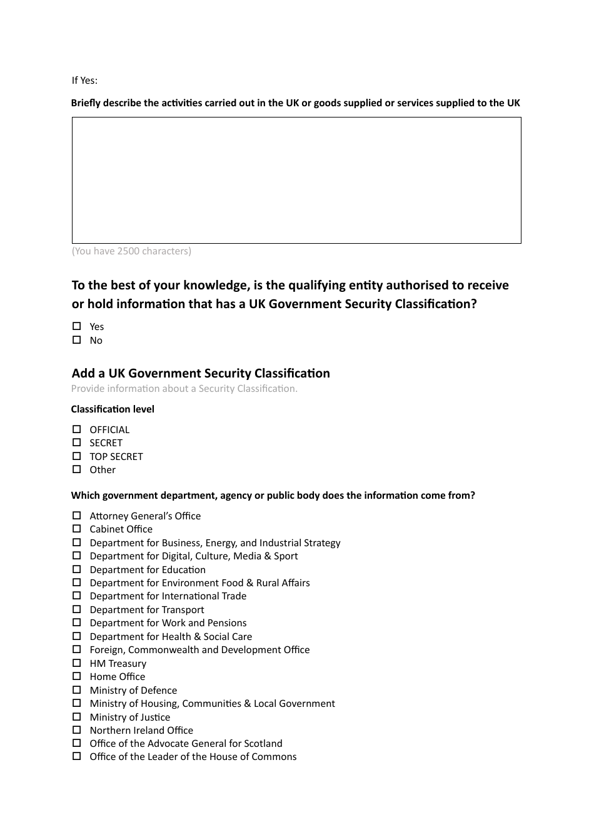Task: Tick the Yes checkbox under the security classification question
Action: pos(76,326)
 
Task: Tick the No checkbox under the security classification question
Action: pos(76,340)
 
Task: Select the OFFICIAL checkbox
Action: pos(76,429)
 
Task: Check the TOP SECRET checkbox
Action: pos(76,456)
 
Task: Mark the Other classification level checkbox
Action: pos(76,469)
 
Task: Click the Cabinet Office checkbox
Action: pos(76,529)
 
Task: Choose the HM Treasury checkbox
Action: pos(76,663)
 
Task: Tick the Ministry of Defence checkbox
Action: pos(76,690)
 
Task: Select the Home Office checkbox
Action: pos(76,676)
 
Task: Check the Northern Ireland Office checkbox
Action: pos(76,730)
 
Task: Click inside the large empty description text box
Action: pos(296,180)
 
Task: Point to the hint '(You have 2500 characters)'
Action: pos(131,251)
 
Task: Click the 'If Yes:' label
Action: pos(84,81)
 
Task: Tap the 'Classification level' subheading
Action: pos(113,409)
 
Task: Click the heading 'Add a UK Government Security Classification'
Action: pos(201,373)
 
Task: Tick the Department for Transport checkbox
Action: pos(76,609)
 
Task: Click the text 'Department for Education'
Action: pos(148,570)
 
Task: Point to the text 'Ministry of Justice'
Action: pos(129,717)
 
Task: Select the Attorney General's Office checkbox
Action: pos(76,516)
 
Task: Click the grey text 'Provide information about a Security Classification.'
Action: pos(184,389)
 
